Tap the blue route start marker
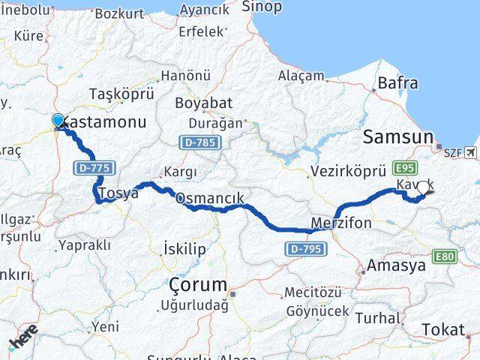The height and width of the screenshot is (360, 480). pyautogui.click(x=58, y=120)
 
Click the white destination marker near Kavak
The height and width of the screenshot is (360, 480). pyautogui.click(x=424, y=188)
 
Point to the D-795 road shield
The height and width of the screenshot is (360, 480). pyautogui.click(x=305, y=248)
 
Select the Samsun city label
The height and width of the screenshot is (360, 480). pyautogui.click(x=397, y=136)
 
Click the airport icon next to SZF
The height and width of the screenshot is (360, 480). pyautogui.click(x=470, y=153)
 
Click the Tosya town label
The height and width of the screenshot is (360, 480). pyautogui.click(x=119, y=193)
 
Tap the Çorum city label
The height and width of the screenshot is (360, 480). pyautogui.click(x=198, y=285)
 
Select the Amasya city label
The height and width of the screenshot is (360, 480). pyautogui.click(x=395, y=265)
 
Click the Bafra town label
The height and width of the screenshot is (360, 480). pyautogui.click(x=398, y=82)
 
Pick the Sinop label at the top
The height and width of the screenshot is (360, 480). pyautogui.click(x=262, y=7)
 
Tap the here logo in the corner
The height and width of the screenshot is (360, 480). pyautogui.click(x=23, y=341)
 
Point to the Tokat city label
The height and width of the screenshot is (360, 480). pyautogui.click(x=442, y=329)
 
